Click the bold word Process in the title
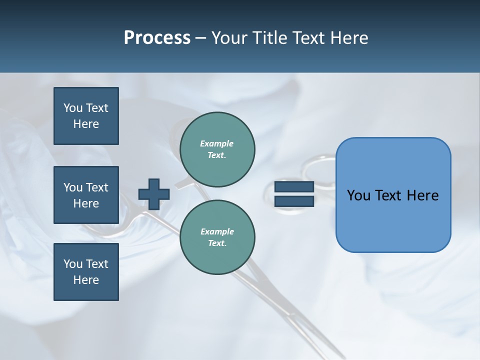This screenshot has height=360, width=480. point(157,38)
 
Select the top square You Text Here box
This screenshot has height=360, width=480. point(86,116)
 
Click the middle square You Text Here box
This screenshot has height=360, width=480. point(86,195)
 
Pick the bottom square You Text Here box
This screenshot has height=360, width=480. point(86,272)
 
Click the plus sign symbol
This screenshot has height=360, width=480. point(153,194)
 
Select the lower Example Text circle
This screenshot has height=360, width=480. point(217,237)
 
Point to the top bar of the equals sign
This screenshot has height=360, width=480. point(294,187)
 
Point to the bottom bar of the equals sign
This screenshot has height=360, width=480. point(294,201)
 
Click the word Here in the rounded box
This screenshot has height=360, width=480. point(422,195)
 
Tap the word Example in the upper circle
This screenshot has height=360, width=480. point(216,143)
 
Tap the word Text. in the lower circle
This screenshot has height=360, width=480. point(217,243)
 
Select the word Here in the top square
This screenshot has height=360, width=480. point(86,124)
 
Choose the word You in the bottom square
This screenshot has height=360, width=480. point(73,264)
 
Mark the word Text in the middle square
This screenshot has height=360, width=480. point(96,187)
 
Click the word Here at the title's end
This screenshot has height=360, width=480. point(349,38)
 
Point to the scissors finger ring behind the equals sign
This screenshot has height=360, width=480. point(320,167)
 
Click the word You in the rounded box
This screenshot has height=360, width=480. point(358,195)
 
